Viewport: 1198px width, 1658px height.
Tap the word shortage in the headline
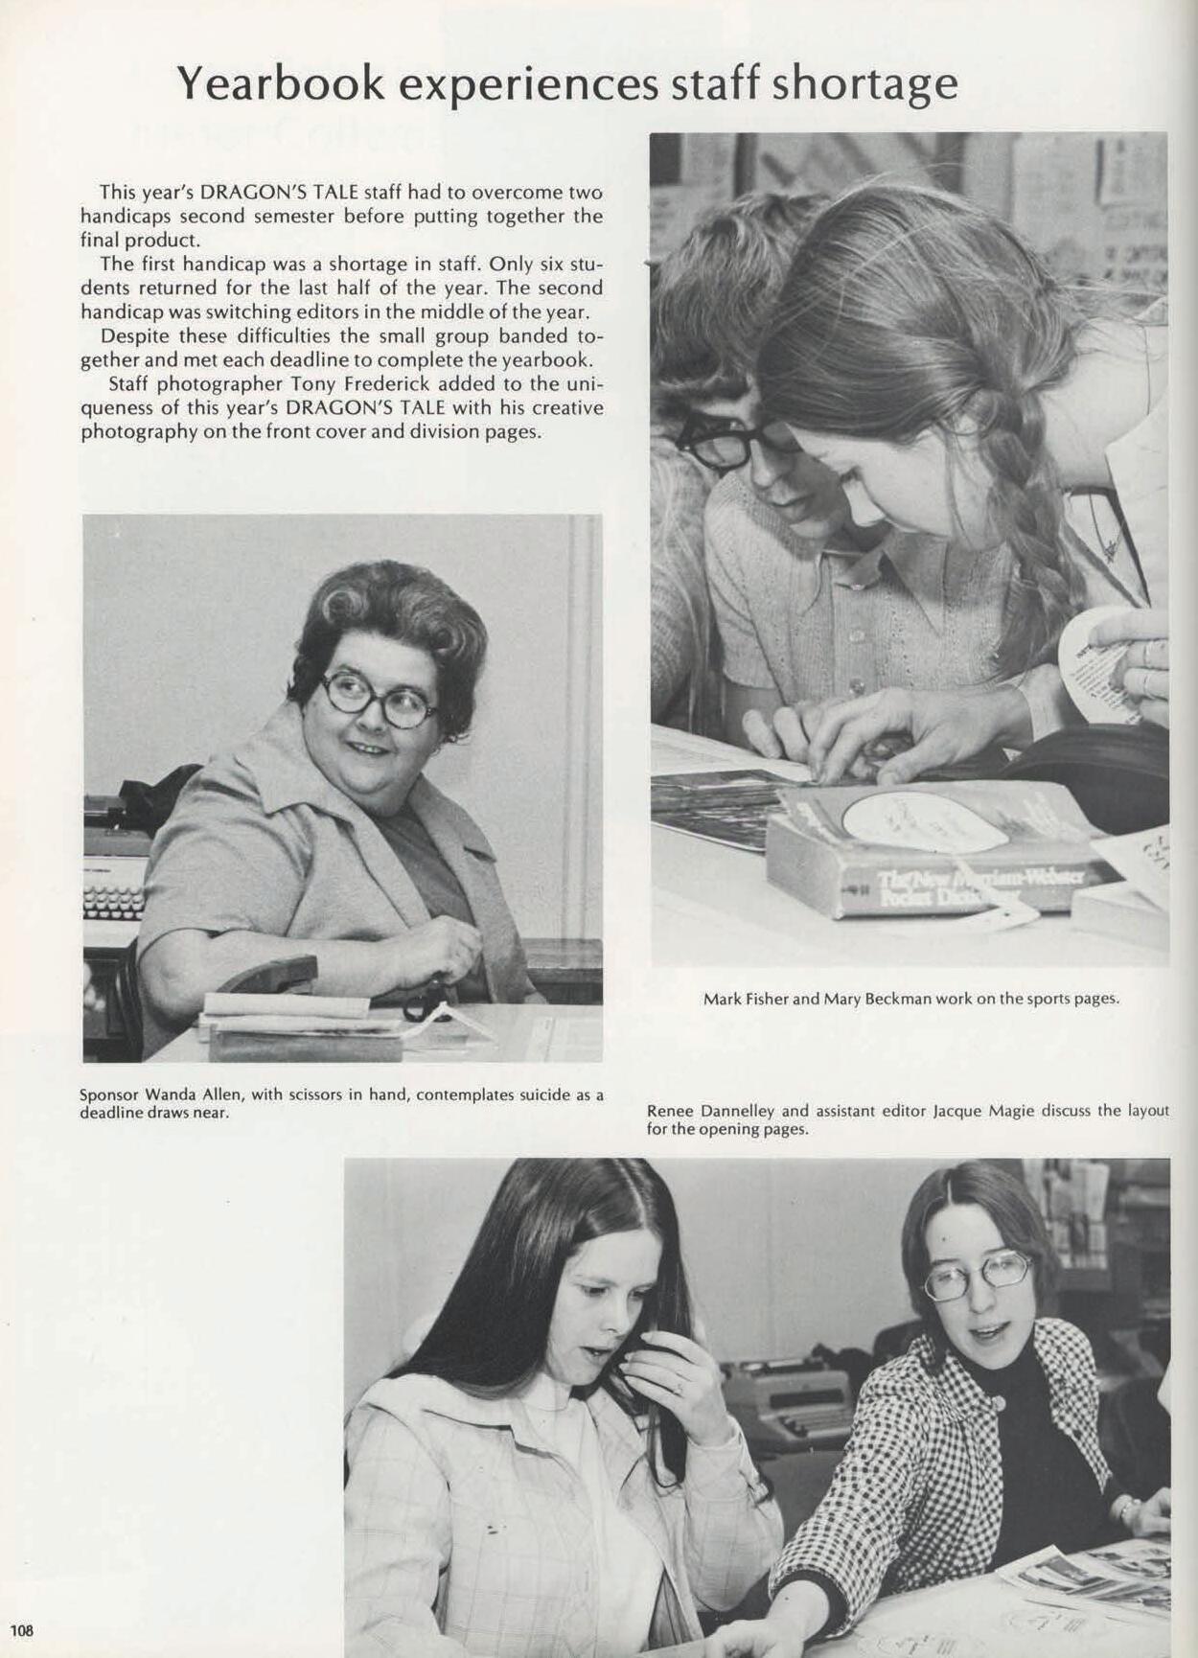pyautogui.click(x=864, y=84)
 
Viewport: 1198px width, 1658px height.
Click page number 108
pyautogui.click(x=22, y=1629)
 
